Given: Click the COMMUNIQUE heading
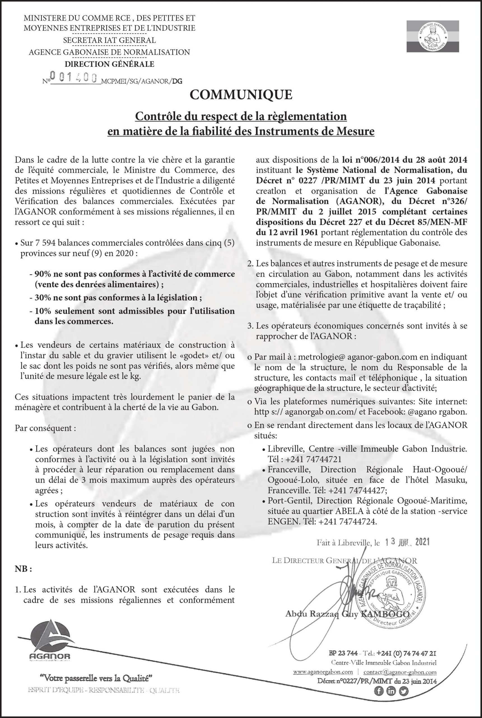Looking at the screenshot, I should pos(241,95).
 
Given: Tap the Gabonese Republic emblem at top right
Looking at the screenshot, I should pos(432,36).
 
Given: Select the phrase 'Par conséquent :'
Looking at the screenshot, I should pos(45,428).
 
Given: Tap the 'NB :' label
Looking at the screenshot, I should pos(23,569).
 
